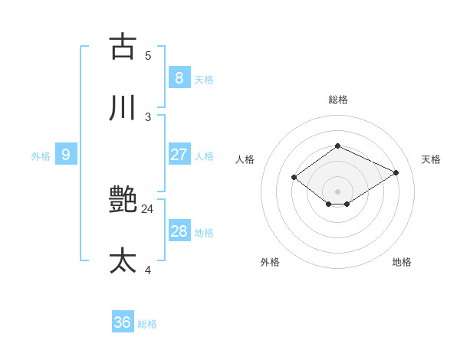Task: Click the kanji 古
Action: coord(123,46)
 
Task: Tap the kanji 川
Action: coord(123,108)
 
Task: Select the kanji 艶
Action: coord(123,200)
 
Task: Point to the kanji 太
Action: coord(123,261)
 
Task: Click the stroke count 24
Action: coord(148,208)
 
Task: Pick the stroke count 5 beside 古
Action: coord(148,55)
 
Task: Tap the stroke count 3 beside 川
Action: coord(148,116)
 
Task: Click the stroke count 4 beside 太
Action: coord(148,270)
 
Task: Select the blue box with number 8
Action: coord(179,77)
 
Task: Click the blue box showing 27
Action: coord(179,155)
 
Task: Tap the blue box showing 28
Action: coord(179,231)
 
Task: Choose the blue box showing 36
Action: coord(123,322)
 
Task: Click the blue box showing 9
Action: coord(66,155)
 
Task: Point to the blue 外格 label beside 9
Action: coord(41,156)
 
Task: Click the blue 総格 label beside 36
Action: coord(147,324)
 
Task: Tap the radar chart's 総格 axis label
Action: coord(337,100)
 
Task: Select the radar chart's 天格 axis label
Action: coord(431,159)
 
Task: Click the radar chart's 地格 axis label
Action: coord(402,262)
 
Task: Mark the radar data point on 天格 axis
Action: coord(396,172)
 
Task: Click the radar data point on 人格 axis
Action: coord(294,177)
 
